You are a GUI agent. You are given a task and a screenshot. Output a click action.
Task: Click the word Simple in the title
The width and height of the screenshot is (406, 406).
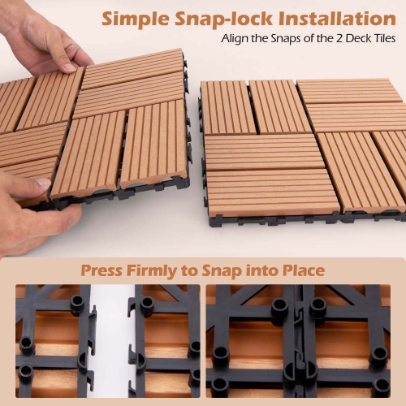coord(141,18)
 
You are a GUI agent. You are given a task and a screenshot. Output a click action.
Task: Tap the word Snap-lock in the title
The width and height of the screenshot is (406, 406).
coord(229,18)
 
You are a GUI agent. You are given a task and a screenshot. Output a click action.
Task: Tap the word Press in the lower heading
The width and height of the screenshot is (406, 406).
coord(103,270)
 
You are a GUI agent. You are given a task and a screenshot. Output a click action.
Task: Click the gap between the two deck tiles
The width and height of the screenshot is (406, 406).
coord(195,130)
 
